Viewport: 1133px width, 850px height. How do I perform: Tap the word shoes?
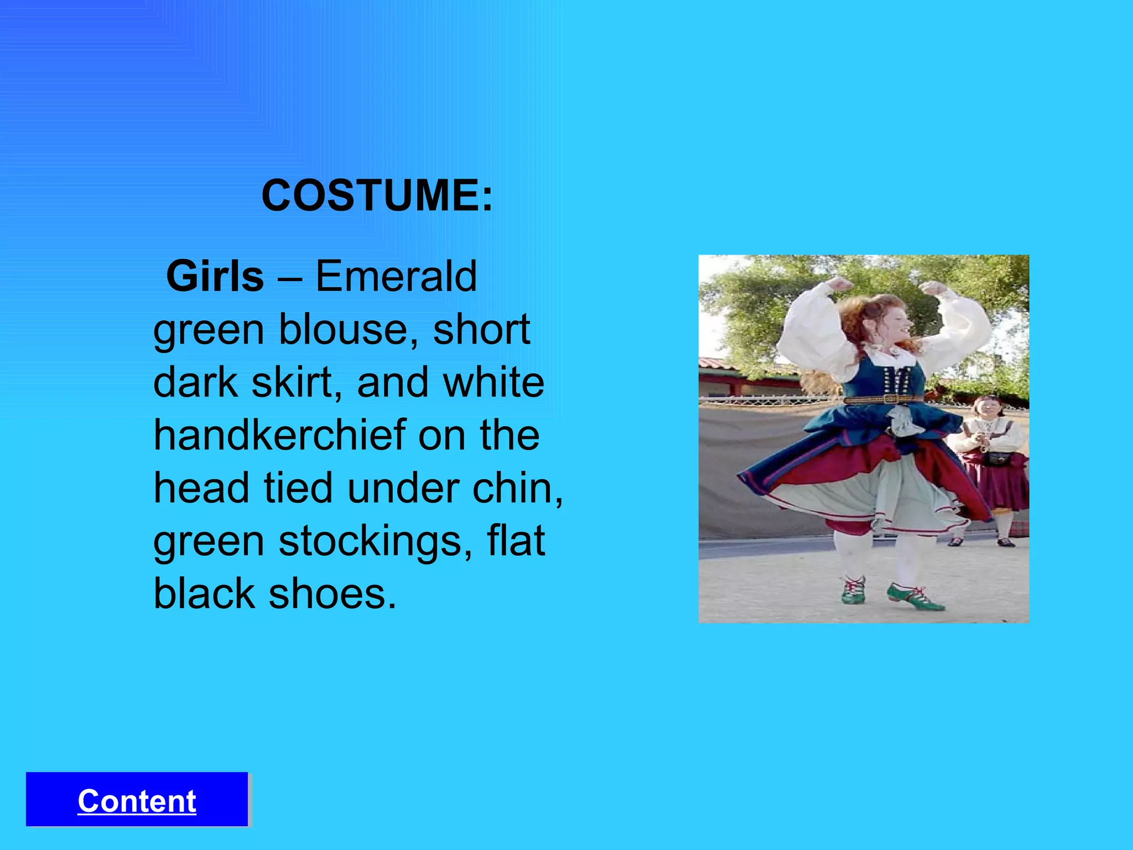[x=332, y=594]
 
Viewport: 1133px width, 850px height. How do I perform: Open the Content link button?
[x=137, y=800]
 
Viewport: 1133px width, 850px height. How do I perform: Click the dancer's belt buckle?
[x=891, y=399]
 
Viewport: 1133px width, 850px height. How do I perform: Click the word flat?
[x=516, y=541]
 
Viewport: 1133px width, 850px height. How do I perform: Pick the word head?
[x=201, y=488]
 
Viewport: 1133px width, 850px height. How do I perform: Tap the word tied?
[x=298, y=488]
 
